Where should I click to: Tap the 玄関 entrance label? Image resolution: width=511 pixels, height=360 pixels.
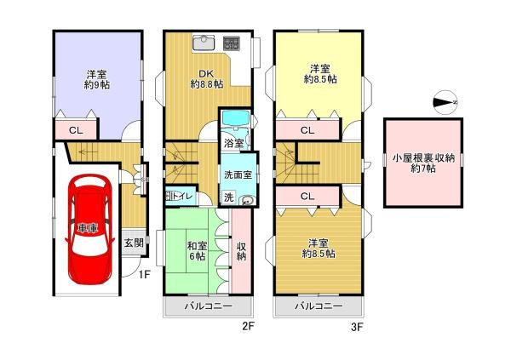(134, 243)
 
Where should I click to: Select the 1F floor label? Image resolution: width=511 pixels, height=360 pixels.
(145, 274)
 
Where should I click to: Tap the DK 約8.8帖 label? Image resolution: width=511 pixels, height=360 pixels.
(207, 78)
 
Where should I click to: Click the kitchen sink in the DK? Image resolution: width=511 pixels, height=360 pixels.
(205, 43)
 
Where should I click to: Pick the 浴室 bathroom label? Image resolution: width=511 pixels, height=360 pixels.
(233, 142)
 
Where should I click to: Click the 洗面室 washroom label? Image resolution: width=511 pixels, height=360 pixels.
(237, 174)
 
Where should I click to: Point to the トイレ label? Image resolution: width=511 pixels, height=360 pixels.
(184, 197)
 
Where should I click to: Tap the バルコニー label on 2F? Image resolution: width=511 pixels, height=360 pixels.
(210, 306)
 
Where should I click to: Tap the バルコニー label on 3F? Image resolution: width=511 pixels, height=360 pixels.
(319, 306)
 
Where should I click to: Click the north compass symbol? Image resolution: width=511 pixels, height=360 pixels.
(445, 103)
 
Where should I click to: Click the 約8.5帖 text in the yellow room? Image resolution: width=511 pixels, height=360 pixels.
(320, 77)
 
